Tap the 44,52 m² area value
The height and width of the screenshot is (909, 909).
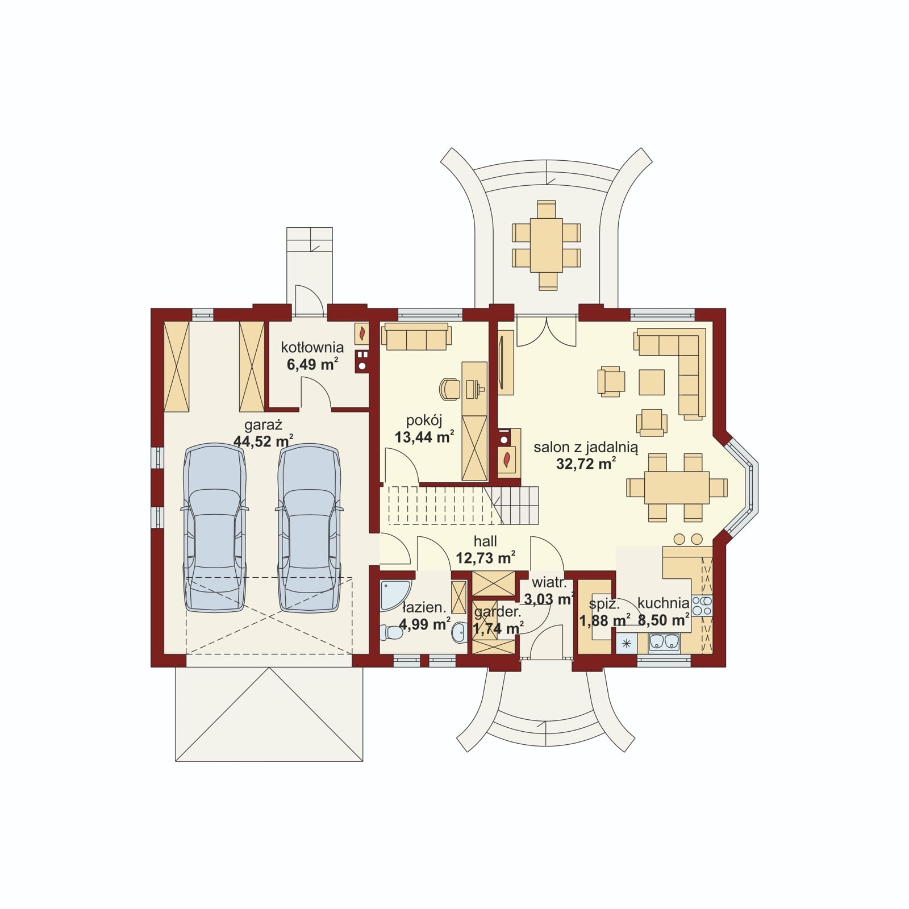263,440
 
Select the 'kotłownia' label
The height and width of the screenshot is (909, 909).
312,347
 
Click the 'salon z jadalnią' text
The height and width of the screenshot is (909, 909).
586,448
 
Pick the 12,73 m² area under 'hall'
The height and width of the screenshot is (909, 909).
486,557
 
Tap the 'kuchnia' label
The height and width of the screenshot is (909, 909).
663,603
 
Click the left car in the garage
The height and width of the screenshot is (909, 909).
215,528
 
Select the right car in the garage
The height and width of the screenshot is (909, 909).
310,528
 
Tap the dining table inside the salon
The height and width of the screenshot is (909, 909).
677,487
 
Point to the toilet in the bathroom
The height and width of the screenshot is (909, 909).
391,632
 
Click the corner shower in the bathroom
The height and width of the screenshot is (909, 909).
394,595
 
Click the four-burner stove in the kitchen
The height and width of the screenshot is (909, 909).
702,606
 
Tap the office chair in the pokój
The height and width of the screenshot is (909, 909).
449,389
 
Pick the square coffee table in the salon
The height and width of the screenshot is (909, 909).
652,382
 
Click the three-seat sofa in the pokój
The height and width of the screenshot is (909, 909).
416,336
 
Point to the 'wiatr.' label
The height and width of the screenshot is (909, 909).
549,583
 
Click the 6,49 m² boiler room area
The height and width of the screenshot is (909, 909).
312,363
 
